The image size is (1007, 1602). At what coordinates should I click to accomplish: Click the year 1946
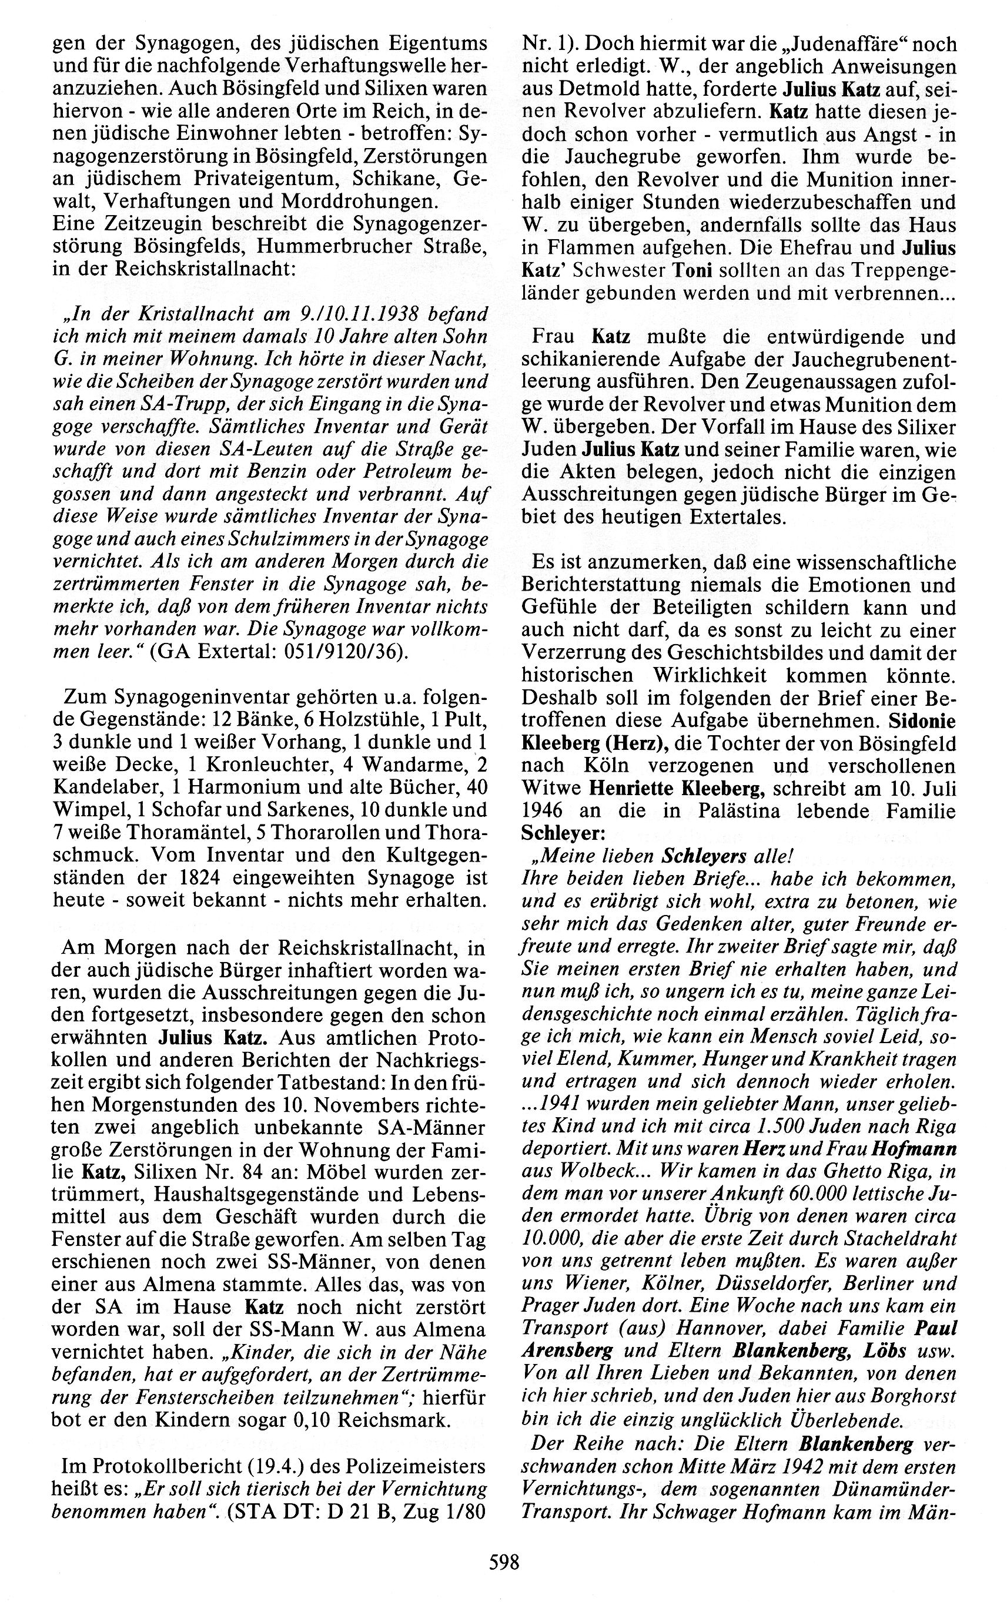tap(544, 812)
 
